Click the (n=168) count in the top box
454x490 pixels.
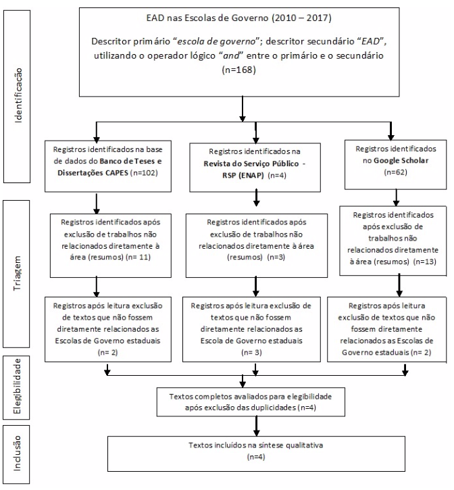[239, 70]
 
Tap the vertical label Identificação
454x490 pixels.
[18, 95]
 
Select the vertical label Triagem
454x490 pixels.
[17, 274]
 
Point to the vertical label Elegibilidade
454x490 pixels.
[17, 386]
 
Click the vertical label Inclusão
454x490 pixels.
[17, 453]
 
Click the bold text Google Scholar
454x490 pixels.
[401, 160]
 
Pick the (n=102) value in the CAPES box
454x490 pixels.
[144, 173]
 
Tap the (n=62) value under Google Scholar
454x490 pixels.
[396, 172]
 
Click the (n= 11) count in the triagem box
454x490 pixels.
[138, 258]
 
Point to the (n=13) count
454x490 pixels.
[425, 262]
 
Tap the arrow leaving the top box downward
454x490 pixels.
[242, 109]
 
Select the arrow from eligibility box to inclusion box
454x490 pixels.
[256, 426]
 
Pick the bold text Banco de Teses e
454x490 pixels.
[130, 162]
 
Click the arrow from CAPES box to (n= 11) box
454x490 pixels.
[97, 203]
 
